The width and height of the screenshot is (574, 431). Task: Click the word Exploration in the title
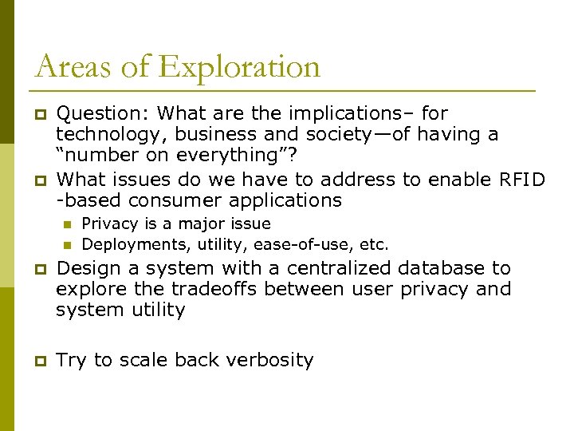pyautogui.click(x=240, y=67)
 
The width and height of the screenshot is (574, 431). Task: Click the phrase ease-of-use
pyautogui.click(x=301, y=243)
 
